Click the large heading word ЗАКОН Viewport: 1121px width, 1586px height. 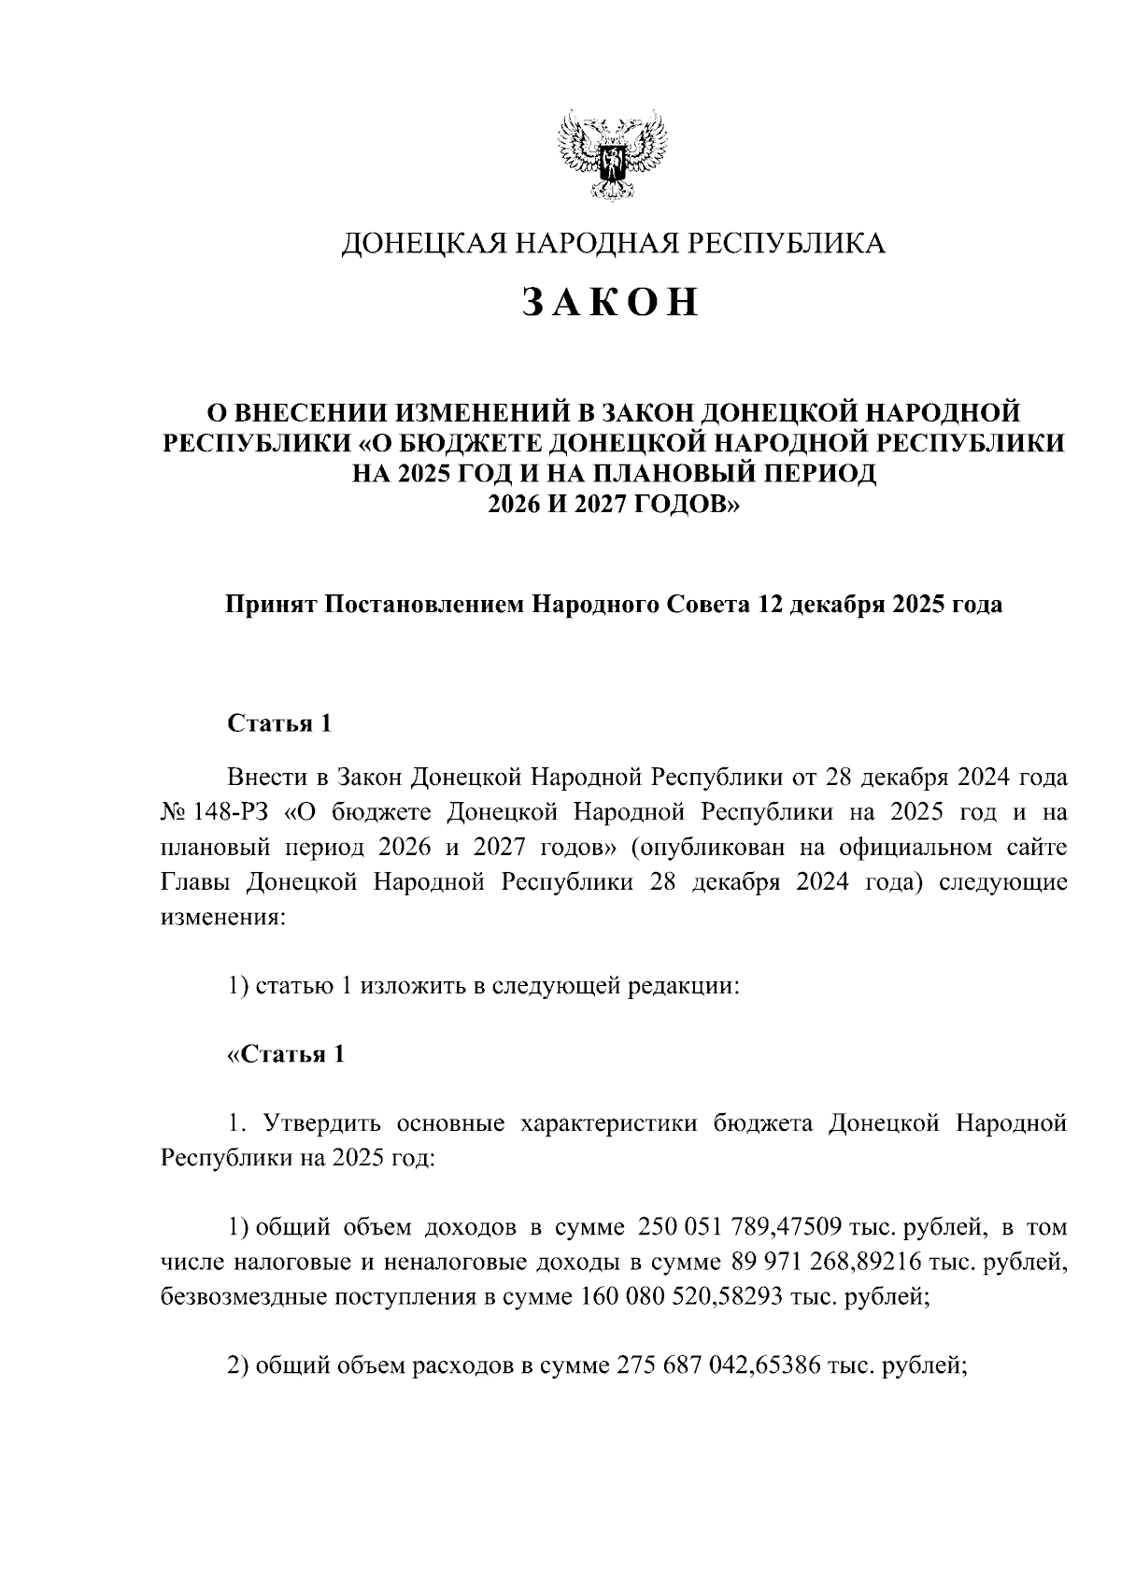pos(610,303)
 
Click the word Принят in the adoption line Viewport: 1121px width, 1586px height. pos(269,605)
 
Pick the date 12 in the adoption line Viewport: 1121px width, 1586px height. pos(770,605)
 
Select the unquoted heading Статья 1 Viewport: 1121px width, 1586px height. pos(279,724)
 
